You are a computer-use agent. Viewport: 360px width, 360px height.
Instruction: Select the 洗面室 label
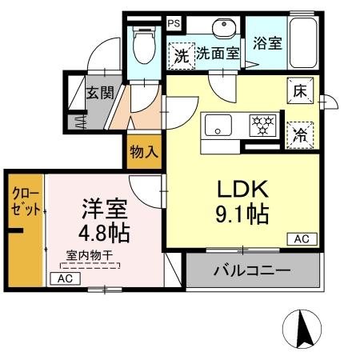tap(218, 54)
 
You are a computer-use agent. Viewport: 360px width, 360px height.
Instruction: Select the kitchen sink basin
tap(218, 127)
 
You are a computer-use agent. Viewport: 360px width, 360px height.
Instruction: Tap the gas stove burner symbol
tap(262, 126)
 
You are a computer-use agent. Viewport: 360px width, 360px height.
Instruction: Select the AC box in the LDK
tap(302, 239)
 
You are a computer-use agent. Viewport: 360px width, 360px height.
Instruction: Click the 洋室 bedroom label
tap(104, 210)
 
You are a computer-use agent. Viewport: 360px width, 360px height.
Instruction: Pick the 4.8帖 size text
tap(105, 234)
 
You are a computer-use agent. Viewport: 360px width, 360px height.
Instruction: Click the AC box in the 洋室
tap(66, 278)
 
